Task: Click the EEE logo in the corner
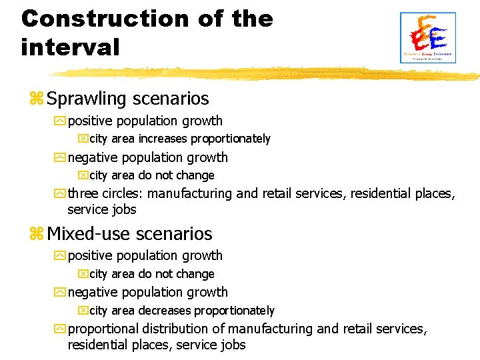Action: click(427, 38)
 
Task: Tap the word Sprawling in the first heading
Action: click(87, 99)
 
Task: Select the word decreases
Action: click(165, 311)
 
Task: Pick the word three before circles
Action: click(83, 194)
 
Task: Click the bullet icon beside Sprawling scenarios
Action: click(37, 99)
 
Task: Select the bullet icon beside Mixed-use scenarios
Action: click(37, 234)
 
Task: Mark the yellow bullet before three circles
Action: click(61, 194)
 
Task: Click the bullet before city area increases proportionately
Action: click(83, 139)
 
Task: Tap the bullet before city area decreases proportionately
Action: click(83, 311)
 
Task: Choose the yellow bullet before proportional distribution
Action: click(61, 329)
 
